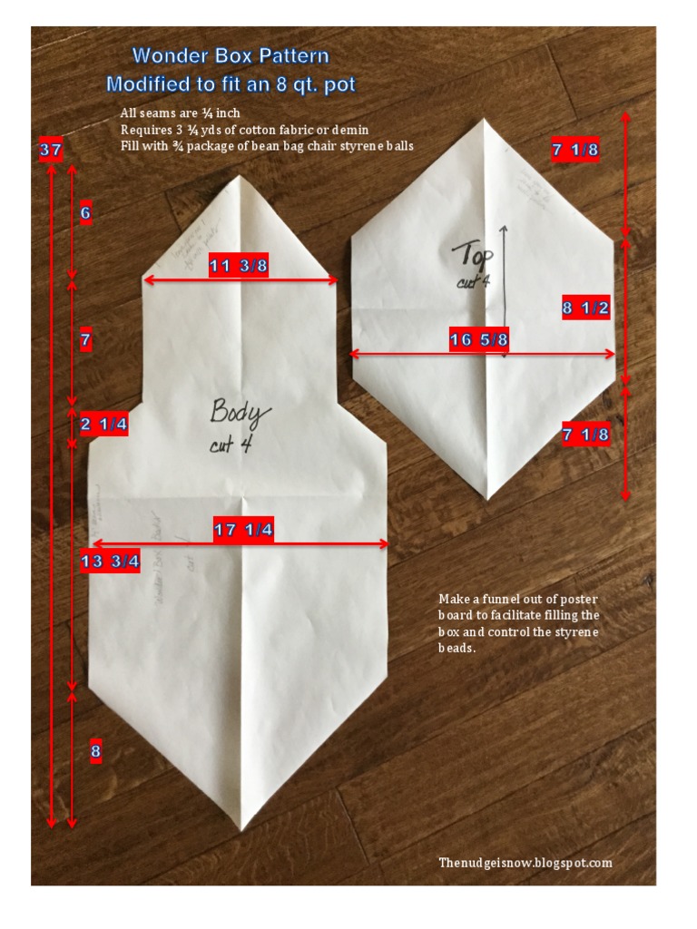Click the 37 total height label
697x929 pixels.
[51, 151]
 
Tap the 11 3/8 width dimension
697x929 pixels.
[238, 266]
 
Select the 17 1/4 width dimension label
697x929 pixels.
[243, 531]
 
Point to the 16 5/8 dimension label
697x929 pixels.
[478, 340]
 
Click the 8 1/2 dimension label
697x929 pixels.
[585, 308]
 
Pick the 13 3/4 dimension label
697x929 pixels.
[110, 561]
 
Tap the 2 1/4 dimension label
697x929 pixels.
[103, 424]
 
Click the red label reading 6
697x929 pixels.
[85, 215]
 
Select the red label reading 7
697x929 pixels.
[85, 341]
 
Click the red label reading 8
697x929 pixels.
[95, 751]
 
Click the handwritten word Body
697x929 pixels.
[240, 413]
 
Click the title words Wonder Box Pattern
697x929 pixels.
[231, 56]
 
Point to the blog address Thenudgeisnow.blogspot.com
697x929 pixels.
[525, 863]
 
